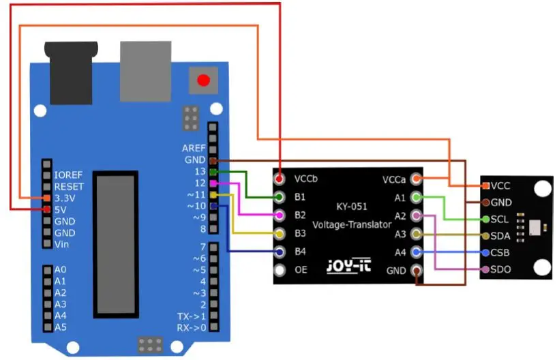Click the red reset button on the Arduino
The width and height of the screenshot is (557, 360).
tap(203, 80)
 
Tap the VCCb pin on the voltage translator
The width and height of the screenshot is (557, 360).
tap(280, 179)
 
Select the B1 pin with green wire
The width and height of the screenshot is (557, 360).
tap(280, 197)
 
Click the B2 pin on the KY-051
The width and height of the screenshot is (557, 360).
tap(280, 215)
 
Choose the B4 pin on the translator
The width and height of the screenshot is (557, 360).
tap(280, 252)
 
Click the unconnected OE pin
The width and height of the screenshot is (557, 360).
tap(280, 270)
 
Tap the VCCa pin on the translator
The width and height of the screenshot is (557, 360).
tap(417, 179)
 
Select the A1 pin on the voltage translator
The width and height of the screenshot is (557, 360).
tap(417, 197)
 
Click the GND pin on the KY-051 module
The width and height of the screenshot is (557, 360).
tap(417, 270)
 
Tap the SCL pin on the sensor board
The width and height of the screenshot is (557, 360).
tap(485, 219)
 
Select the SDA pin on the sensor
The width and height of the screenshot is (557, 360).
tap(485, 236)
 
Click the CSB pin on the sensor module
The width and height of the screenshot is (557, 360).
tap(485, 252)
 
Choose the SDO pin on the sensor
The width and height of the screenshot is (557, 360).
tap(485, 269)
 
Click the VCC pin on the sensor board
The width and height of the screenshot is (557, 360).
tap(485, 185)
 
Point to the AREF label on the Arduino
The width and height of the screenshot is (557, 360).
tap(194, 148)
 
